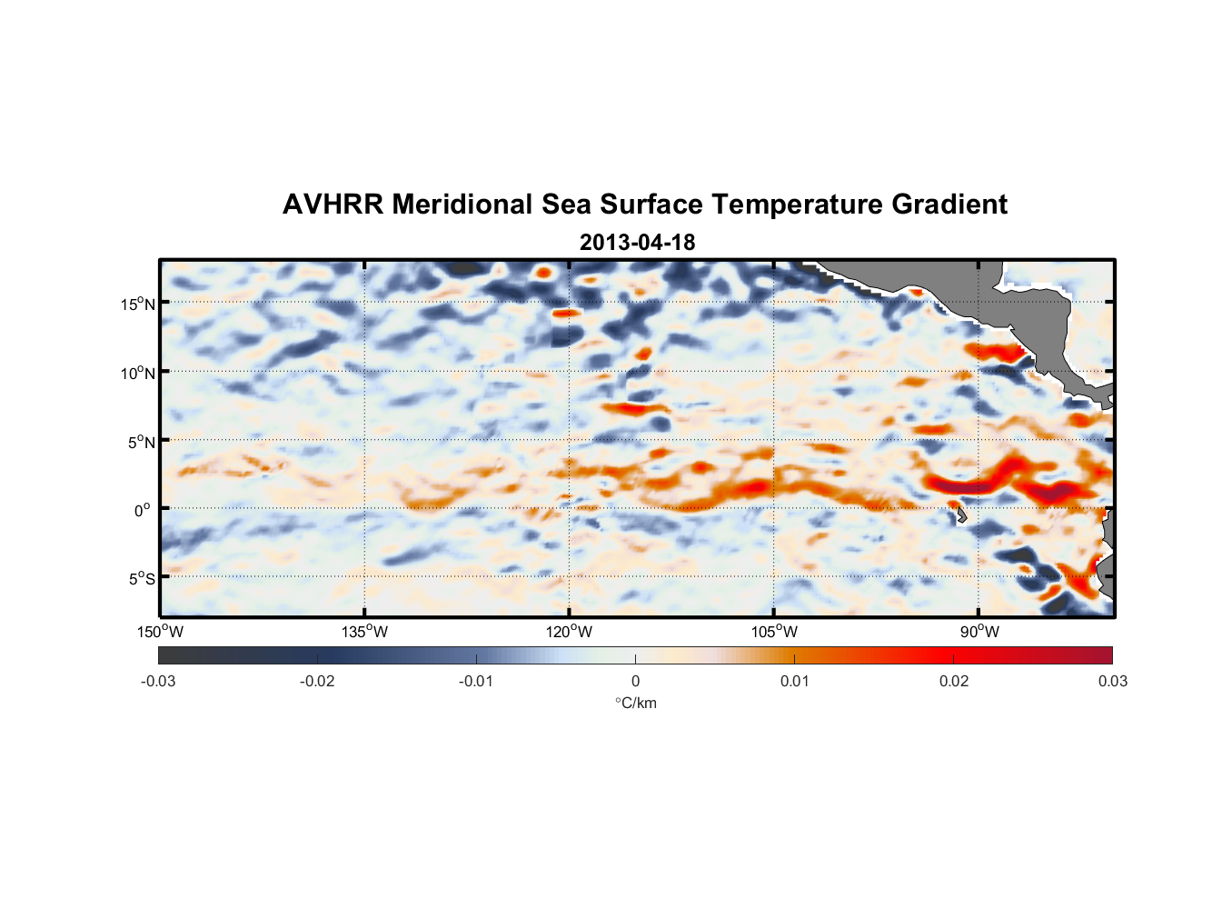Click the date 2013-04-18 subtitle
(x=637, y=243)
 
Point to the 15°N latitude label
(x=138, y=304)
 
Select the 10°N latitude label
(x=138, y=373)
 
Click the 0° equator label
(x=143, y=510)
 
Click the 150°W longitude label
(x=160, y=632)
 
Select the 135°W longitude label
(x=364, y=632)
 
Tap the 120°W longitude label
(x=569, y=632)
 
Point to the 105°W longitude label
(x=774, y=632)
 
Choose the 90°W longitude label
(x=979, y=632)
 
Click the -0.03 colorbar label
(x=158, y=681)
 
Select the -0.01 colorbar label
(x=476, y=681)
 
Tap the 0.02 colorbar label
(x=954, y=681)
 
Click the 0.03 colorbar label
(x=1112, y=681)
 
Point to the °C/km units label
(x=635, y=703)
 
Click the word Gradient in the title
(x=949, y=205)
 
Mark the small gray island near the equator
(x=961, y=515)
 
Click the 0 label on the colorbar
(x=635, y=681)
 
